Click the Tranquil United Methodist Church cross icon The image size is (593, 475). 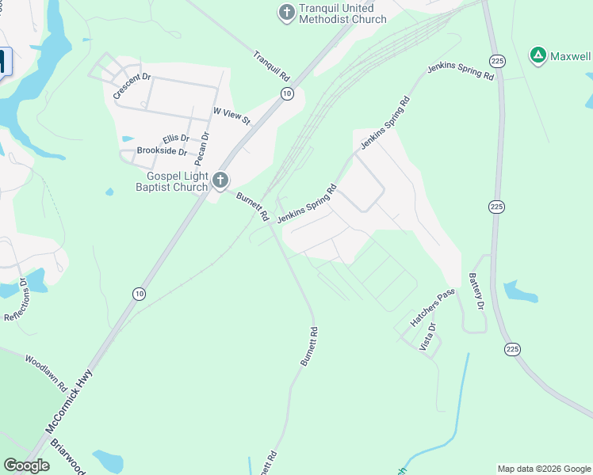coord(285,12)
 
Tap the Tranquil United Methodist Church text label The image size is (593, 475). coord(342,14)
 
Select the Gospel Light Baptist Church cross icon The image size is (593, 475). coord(220,180)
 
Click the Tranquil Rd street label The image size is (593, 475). coord(272,66)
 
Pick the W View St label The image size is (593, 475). coord(231,116)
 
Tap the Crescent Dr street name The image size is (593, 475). coord(132,85)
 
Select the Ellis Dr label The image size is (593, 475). coord(175,139)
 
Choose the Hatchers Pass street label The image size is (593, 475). coord(432,308)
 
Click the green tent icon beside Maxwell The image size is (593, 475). coord(538,55)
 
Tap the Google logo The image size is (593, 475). coord(26,465)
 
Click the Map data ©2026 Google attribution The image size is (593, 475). coord(543,469)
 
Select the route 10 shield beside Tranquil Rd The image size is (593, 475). coord(287,93)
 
